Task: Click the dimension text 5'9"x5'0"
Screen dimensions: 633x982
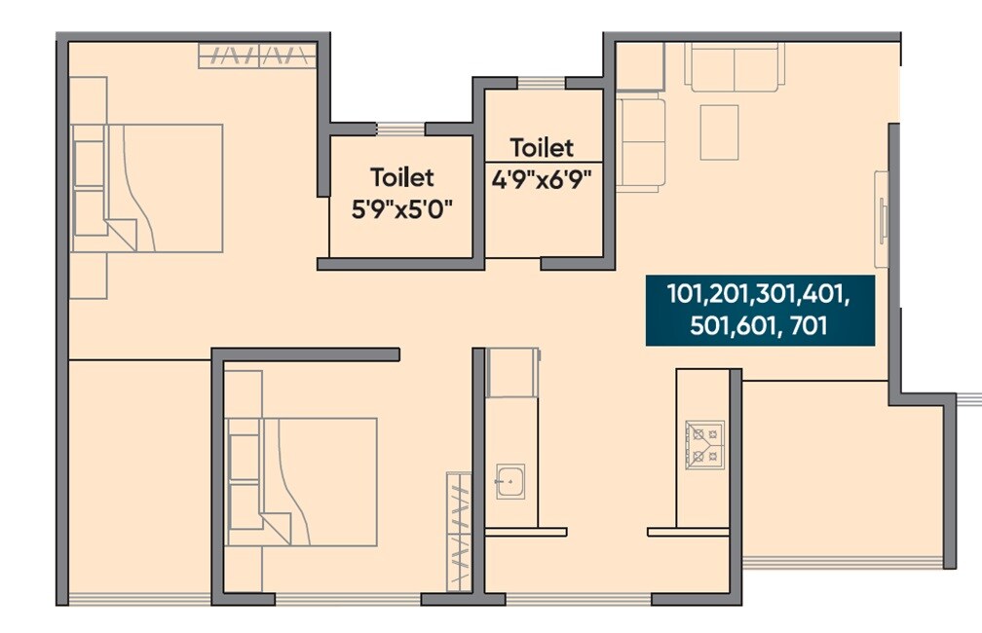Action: (402, 208)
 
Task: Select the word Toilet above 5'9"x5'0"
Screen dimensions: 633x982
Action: (401, 178)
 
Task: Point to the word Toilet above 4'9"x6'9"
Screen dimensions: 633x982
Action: (542, 148)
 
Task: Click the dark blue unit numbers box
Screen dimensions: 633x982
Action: (760, 310)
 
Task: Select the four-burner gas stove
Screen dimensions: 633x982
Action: (704, 441)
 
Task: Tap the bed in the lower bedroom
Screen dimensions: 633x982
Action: (318, 481)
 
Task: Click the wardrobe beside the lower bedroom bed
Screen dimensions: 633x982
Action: (458, 530)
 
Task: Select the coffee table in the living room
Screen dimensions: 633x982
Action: (719, 131)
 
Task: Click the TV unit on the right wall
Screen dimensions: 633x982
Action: (882, 219)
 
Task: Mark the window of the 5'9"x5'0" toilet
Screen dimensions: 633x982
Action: (400, 129)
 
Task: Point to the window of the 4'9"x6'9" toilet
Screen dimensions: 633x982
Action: (541, 83)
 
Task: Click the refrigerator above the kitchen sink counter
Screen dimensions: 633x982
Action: (511, 373)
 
